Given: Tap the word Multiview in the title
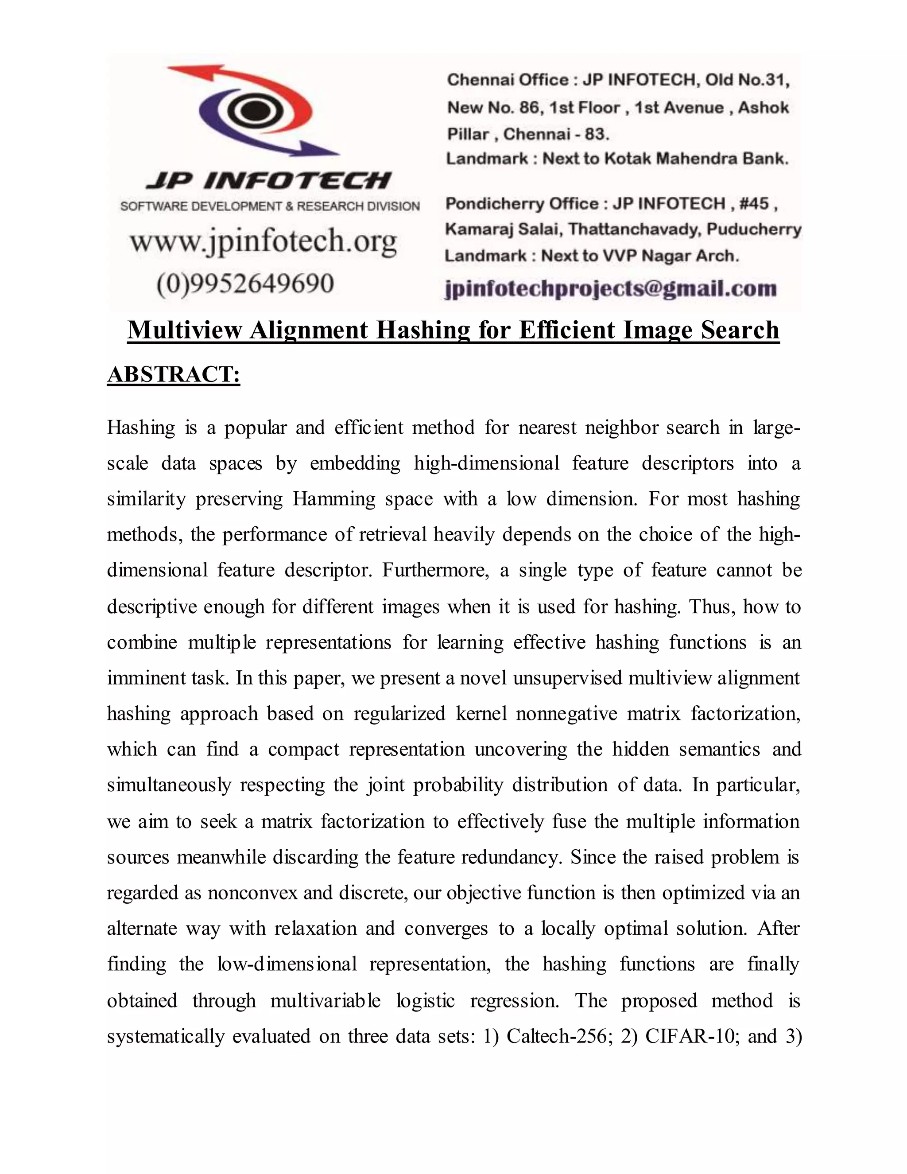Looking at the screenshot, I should [x=184, y=330].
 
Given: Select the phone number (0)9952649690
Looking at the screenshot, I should [x=245, y=283].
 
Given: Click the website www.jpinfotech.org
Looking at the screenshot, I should [x=264, y=242].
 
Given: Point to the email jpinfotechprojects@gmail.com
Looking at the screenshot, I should [x=611, y=289].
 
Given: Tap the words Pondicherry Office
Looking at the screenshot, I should [x=522, y=204].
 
